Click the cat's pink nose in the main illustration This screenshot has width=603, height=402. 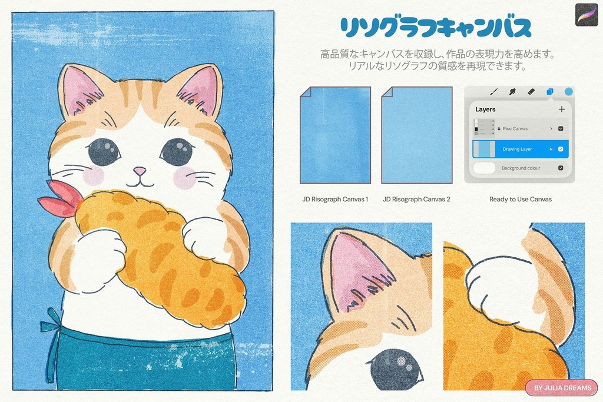[x=140, y=171]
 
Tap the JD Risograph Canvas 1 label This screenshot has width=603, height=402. [x=335, y=200]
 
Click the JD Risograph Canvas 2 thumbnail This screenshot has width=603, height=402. [x=416, y=135]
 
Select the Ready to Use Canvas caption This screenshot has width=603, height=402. [x=520, y=200]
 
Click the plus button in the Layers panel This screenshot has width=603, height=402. [x=561, y=109]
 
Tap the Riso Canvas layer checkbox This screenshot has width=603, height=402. [x=561, y=128]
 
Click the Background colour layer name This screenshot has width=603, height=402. [x=521, y=168]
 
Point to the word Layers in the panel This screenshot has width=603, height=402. [x=485, y=109]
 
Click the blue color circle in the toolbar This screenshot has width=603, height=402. [x=568, y=92]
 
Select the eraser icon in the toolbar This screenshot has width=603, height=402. [x=531, y=92]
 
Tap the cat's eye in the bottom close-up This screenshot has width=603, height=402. [x=396, y=369]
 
